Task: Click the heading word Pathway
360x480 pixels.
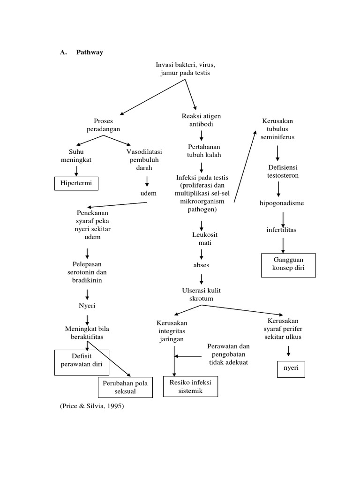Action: [x=90, y=52]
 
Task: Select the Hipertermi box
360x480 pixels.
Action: [x=76, y=183]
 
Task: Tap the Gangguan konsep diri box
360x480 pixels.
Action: [x=288, y=265]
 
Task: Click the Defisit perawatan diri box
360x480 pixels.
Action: [x=82, y=362]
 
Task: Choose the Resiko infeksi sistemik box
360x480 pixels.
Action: [x=190, y=386]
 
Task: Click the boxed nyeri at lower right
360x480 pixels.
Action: [x=291, y=368]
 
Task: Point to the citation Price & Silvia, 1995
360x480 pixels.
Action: [x=91, y=406]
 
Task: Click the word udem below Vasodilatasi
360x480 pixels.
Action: [x=148, y=193]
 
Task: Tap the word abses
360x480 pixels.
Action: [x=202, y=265]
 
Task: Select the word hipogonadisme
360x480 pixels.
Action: [x=282, y=203]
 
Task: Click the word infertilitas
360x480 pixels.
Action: [x=282, y=230]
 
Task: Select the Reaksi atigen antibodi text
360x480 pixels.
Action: [x=202, y=120]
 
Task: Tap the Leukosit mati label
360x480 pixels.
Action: [x=205, y=238]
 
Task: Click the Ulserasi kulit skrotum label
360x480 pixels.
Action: [x=202, y=294]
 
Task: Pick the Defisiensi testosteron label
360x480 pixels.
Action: [x=283, y=171]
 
